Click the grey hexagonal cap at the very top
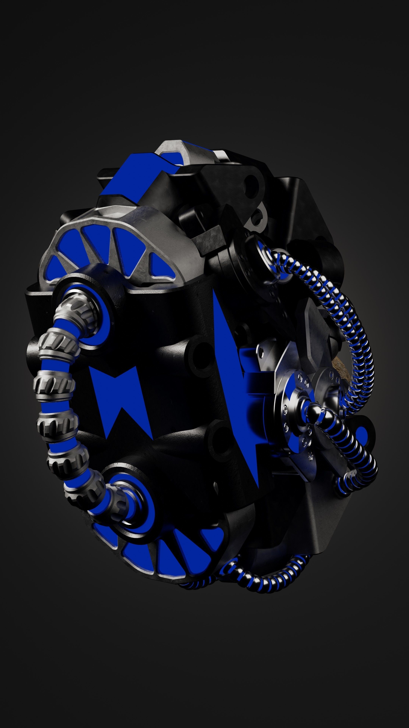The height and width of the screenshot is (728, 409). (x=175, y=148)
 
